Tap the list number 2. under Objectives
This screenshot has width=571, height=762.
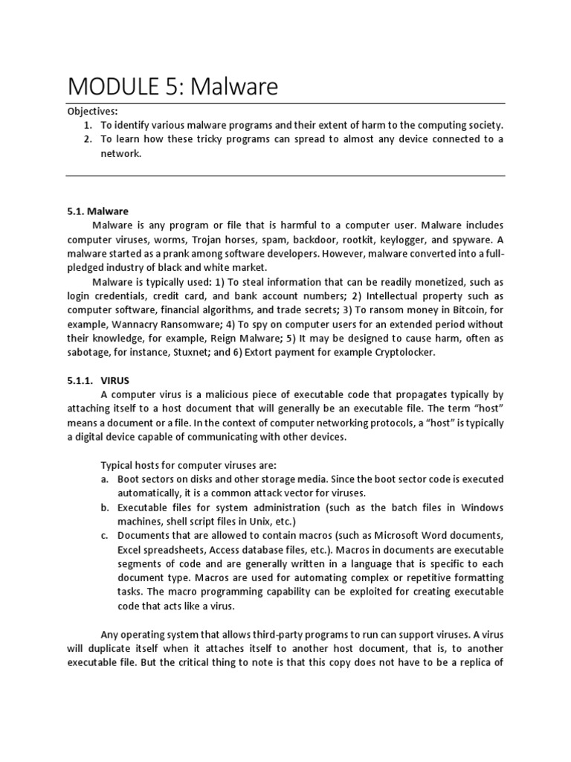(88, 139)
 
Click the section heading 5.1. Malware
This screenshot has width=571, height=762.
(98, 211)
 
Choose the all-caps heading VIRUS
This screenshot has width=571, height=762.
(117, 380)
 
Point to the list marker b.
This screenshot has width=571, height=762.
(105, 508)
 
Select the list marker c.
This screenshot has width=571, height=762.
(105, 536)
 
